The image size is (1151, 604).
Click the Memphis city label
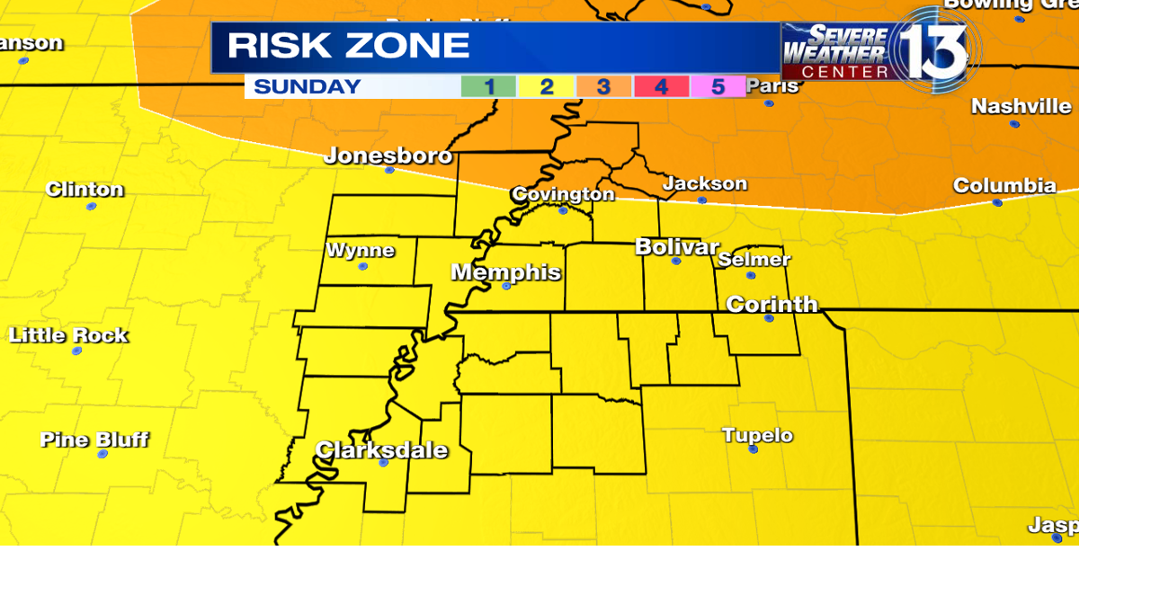click(x=505, y=271)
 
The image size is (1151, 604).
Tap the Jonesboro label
click(x=388, y=155)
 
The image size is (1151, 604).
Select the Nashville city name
click(x=1021, y=106)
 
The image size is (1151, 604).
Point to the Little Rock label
click(x=68, y=335)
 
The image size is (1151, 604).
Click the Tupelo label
click(x=757, y=435)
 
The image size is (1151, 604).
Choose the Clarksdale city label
click(x=381, y=449)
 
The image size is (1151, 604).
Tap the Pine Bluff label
click(x=94, y=440)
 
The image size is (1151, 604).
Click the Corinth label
click(x=772, y=304)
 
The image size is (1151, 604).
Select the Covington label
click(x=563, y=194)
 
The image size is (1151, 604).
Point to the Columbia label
click(x=1004, y=185)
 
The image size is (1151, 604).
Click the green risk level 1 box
click(x=488, y=87)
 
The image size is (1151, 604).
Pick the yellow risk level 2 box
click(x=546, y=87)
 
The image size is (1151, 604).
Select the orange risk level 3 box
click(x=603, y=87)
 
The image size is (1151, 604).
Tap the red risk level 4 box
click(x=661, y=87)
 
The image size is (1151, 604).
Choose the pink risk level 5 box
click(x=718, y=87)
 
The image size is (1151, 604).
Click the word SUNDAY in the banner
click(x=307, y=87)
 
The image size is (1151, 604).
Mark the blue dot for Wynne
click(x=362, y=266)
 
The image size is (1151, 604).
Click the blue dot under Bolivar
click(x=676, y=261)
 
